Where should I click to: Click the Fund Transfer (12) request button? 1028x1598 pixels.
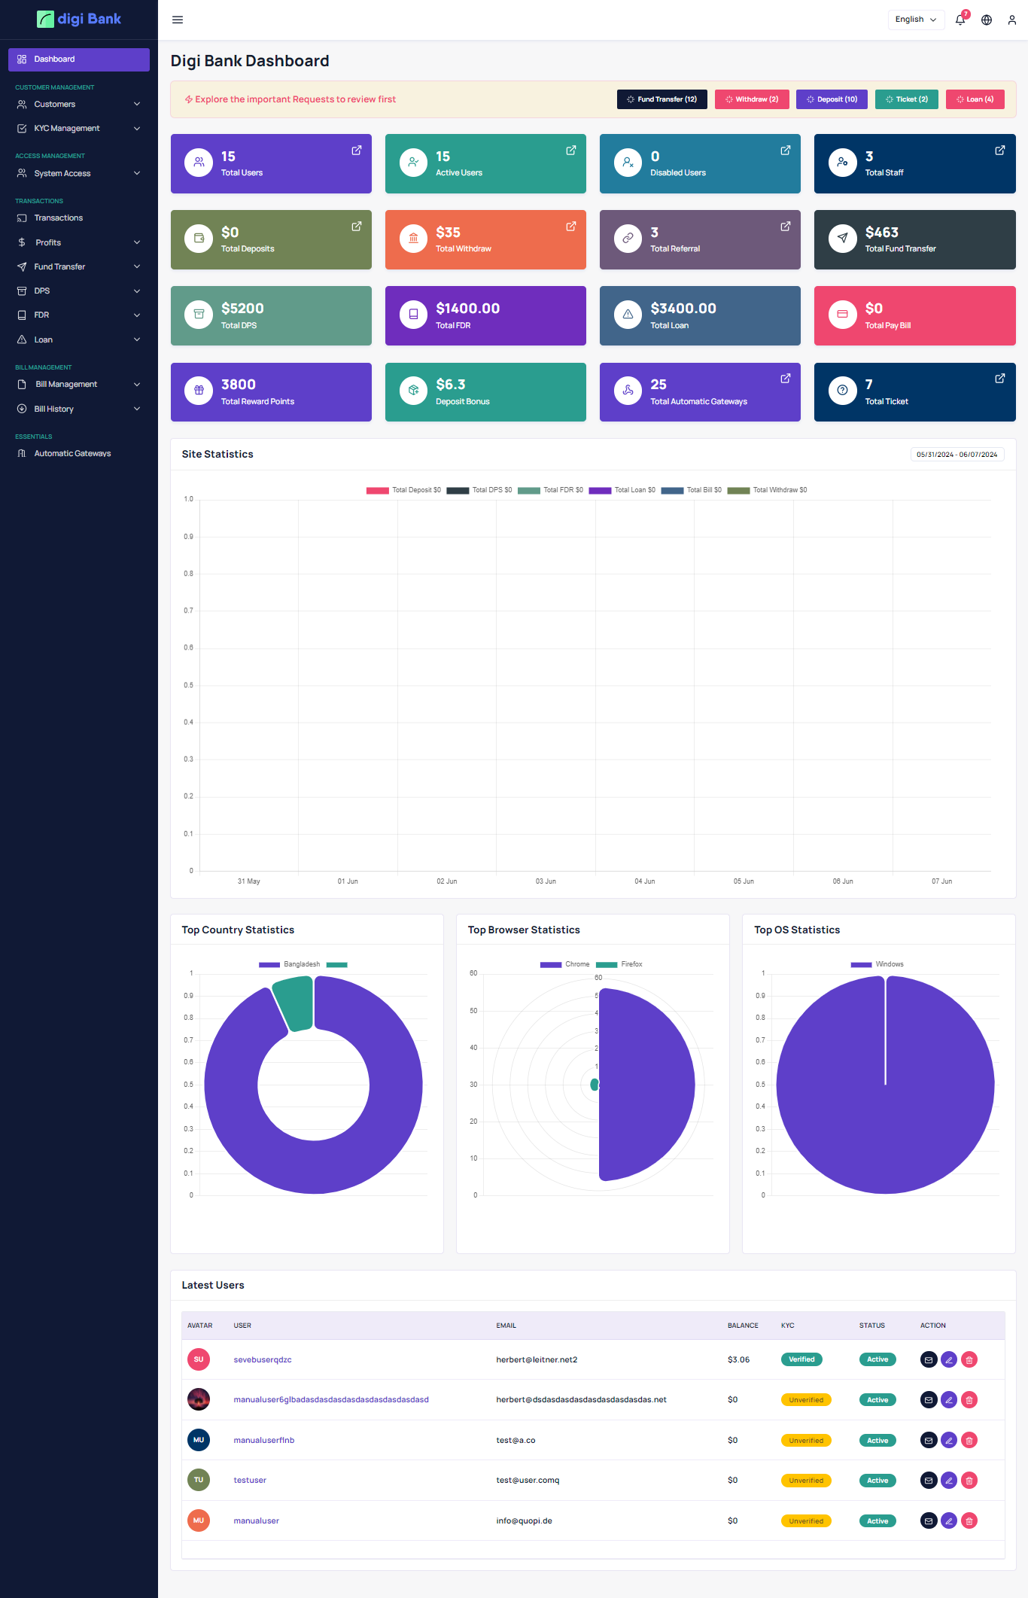(662, 99)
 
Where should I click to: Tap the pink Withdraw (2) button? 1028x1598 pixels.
(751, 99)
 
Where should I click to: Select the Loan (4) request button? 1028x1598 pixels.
(975, 99)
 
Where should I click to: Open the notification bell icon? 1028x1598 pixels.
(960, 20)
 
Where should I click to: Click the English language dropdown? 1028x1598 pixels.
(915, 20)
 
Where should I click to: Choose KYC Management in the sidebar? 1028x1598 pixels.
(66, 129)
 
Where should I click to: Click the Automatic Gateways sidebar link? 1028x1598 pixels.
(72, 454)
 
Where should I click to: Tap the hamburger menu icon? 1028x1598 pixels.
(178, 20)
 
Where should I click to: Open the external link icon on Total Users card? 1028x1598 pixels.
(357, 151)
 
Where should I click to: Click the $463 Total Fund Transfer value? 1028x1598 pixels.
(881, 233)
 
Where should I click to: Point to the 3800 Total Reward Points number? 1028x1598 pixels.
(238, 385)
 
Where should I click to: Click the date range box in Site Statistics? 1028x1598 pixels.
(957, 455)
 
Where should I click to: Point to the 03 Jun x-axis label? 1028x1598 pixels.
(546, 881)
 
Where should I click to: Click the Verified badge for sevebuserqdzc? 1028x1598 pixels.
(801, 1359)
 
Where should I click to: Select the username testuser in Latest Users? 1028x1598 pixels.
(250, 1481)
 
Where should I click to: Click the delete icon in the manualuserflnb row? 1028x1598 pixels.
(969, 1441)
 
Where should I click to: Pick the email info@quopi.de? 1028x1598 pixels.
(524, 1521)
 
